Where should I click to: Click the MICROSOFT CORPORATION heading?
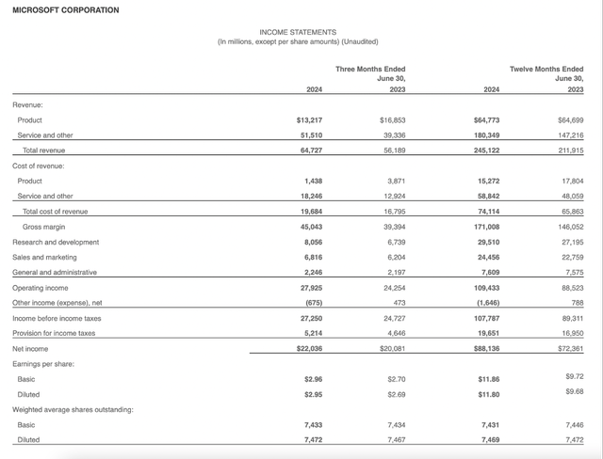click(66, 10)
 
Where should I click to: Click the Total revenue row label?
click(43, 150)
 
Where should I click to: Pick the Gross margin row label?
click(43, 226)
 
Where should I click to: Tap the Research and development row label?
click(57, 241)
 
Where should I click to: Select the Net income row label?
click(31, 348)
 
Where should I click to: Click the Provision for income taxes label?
click(54, 333)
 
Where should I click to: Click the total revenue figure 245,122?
click(486, 150)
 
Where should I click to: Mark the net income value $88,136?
click(486, 348)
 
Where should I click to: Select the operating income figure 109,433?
click(486, 287)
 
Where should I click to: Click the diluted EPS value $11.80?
click(489, 394)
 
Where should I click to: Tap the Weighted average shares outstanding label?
click(73, 409)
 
